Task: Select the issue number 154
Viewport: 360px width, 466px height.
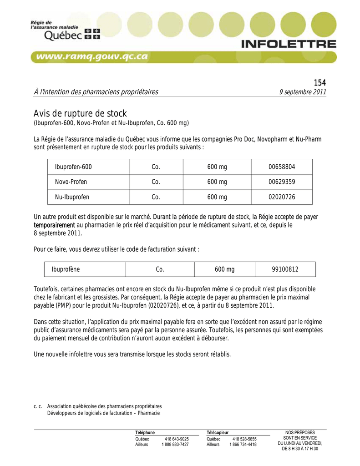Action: pos(320,82)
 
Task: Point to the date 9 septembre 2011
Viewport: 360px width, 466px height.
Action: pos(303,92)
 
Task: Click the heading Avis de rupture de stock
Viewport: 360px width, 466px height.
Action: pos(80,113)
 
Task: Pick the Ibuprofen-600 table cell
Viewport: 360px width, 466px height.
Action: pos(73,167)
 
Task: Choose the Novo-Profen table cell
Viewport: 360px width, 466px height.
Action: pos(71,182)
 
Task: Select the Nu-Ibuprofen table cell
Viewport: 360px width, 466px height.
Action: pos(72,197)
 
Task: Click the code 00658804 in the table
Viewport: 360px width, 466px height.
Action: pos(282,167)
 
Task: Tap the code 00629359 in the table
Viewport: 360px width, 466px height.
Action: pos(282,182)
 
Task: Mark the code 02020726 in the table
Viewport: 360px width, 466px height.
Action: pos(282,197)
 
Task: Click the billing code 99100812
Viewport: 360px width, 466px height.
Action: pos(285,269)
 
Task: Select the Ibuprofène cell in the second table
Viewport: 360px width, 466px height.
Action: pos(66,269)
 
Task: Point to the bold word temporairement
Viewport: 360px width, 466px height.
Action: pos(55,225)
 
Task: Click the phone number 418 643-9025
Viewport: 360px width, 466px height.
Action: pos(177,439)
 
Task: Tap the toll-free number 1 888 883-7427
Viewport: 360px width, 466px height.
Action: pos(175,445)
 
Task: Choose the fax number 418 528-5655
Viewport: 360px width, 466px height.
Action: pos(245,439)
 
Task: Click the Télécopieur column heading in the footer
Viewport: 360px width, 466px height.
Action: pos(218,432)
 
